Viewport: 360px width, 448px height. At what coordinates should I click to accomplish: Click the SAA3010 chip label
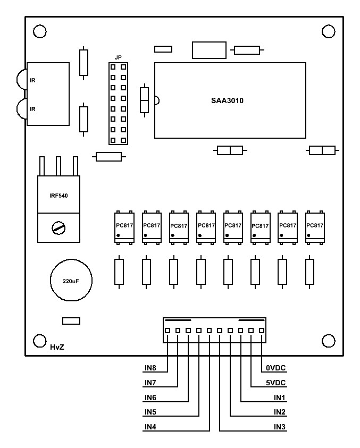[227, 100]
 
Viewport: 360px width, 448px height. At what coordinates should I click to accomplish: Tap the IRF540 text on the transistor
[58, 196]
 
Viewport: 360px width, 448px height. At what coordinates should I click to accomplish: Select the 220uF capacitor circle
[71, 280]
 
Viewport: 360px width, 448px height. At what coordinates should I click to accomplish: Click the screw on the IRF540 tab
[58, 228]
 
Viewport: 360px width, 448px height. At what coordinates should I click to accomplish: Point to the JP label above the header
[118, 58]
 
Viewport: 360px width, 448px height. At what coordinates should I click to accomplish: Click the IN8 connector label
[150, 368]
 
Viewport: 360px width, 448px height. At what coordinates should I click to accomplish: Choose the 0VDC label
[275, 368]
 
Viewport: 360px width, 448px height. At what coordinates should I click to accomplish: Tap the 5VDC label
[275, 383]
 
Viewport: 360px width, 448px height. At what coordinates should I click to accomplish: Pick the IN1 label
[280, 398]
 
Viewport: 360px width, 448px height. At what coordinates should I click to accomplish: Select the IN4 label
[150, 427]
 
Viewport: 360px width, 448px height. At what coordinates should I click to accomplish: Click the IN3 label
[280, 427]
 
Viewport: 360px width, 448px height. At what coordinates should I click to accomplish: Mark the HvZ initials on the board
[57, 347]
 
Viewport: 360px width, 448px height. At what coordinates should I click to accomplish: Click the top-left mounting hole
[40, 31]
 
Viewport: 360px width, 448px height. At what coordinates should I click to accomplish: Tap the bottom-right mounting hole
[329, 341]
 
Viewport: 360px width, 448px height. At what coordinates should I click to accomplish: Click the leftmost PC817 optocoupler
[124, 227]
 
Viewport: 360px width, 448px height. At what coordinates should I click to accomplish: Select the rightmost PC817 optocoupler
[315, 227]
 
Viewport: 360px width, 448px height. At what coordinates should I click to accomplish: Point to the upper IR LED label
[32, 81]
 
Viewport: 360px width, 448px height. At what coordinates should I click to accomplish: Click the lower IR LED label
[32, 109]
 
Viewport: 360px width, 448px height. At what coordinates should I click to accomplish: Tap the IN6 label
[150, 398]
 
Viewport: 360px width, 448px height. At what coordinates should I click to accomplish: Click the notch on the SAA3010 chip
[157, 100]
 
